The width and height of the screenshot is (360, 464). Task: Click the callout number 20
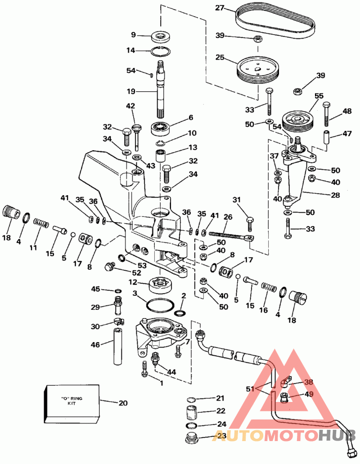123,403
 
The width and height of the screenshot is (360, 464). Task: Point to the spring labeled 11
41,222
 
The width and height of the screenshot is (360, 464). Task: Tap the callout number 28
336,195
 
